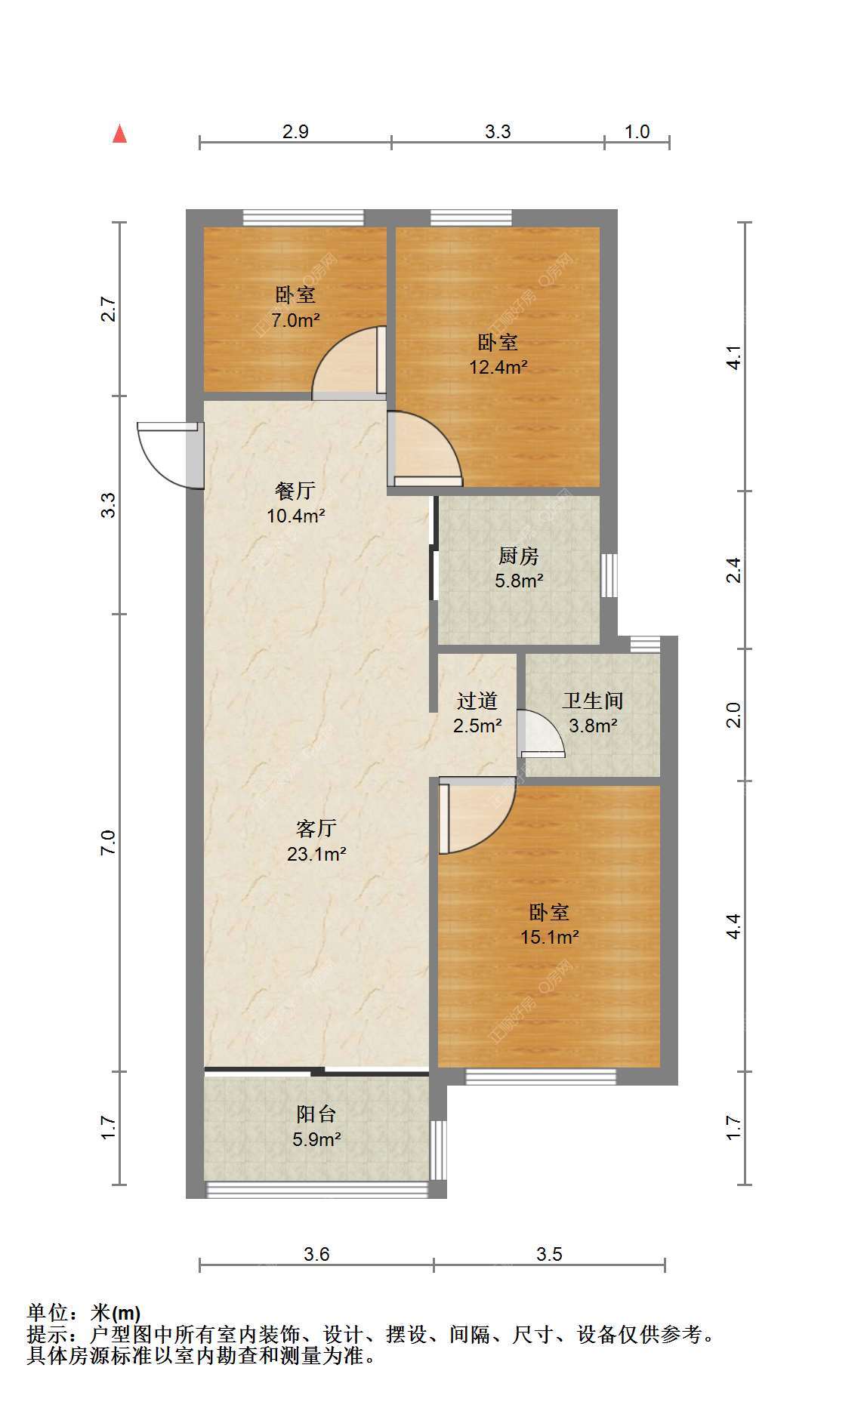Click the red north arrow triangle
point(119,134)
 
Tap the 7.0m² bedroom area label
point(296,320)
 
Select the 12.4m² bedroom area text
point(498,368)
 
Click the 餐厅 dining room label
point(295,491)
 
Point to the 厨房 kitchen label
point(519,556)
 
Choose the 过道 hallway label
point(477,701)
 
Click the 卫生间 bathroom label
point(593,701)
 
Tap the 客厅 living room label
point(316,828)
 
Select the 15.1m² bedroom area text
point(550,938)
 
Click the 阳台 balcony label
point(316,1114)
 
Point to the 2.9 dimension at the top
point(295,131)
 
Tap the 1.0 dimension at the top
point(637,131)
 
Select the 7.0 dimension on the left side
point(109,842)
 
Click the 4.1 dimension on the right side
point(733,357)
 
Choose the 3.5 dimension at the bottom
point(549,1254)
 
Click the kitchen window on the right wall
point(609,575)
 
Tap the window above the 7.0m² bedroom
point(303,218)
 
